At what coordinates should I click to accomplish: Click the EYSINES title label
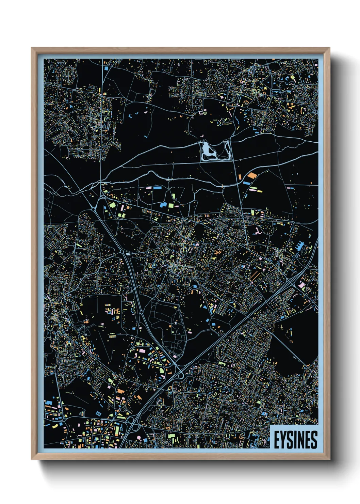(x=295, y=440)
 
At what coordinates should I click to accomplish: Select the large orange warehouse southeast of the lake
(x=252, y=175)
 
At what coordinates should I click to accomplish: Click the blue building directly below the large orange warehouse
(x=247, y=183)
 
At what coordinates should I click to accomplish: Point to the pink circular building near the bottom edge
(x=139, y=437)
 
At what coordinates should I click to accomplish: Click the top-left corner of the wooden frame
(x=32, y=48)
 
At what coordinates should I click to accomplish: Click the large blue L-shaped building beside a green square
(x=164, y=205)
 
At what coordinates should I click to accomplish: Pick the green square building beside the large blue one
(x=171, y=205)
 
